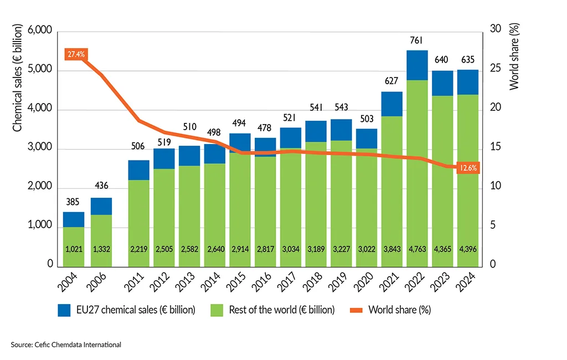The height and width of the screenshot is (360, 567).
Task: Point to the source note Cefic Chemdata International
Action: [x=65, y=344]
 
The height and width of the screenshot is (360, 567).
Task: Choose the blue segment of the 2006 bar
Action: [x=101, y=206]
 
